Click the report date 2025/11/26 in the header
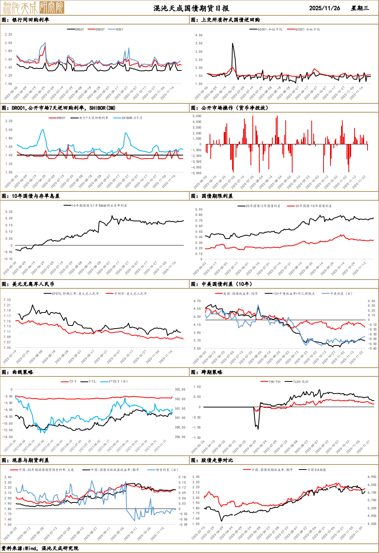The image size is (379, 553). click(x=324, y=8)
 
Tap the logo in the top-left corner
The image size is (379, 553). click(x=33, y=8)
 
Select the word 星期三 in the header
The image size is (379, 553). click(x=360, y=8)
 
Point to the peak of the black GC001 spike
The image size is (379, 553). click(x=233, y=44)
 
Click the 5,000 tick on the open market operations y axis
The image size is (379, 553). click(x=197, y=116)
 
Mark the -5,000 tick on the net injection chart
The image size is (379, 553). click(x=196, y=173)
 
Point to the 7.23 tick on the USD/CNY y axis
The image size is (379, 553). click(x=7, y=300)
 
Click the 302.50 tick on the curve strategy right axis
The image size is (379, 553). click(x=180, y=389)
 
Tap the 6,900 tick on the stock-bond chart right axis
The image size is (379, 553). click(x=372, y=477)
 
